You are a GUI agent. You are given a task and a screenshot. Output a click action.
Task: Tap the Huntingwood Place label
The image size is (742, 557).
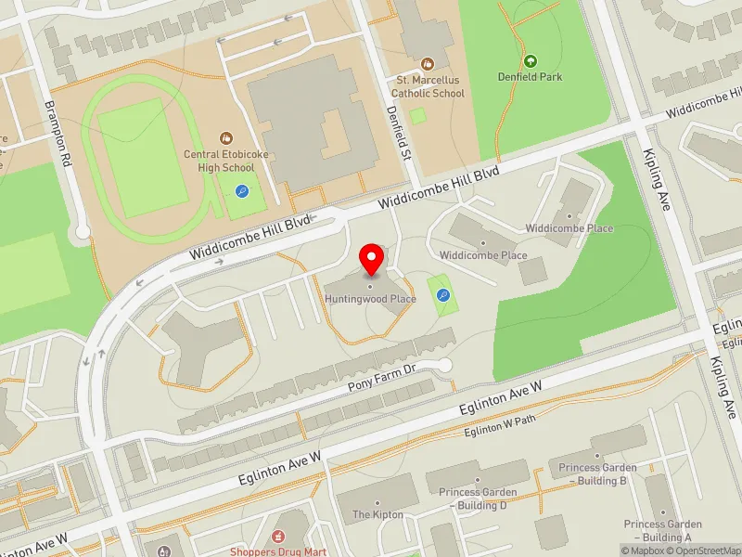(370, 299)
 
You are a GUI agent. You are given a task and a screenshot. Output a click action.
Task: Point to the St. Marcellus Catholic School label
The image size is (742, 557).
(427, 86)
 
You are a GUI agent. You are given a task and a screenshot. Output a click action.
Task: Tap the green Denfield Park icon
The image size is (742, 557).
(530, 60)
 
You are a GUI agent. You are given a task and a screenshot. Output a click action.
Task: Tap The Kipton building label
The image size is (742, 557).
(377, 514)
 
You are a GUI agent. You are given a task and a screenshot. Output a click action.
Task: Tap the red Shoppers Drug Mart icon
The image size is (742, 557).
(277, 536)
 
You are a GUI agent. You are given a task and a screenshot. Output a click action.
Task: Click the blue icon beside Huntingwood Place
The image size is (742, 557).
(443, 296)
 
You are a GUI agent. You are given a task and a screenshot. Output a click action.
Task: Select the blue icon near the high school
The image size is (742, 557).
(242, 191)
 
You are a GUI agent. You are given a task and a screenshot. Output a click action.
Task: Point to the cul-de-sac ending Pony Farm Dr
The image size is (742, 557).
(444, 365)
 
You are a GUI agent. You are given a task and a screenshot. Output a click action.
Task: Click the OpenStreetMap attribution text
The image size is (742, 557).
(702, 551)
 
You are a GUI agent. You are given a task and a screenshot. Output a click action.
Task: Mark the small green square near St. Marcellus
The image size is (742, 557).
(418, 116)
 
